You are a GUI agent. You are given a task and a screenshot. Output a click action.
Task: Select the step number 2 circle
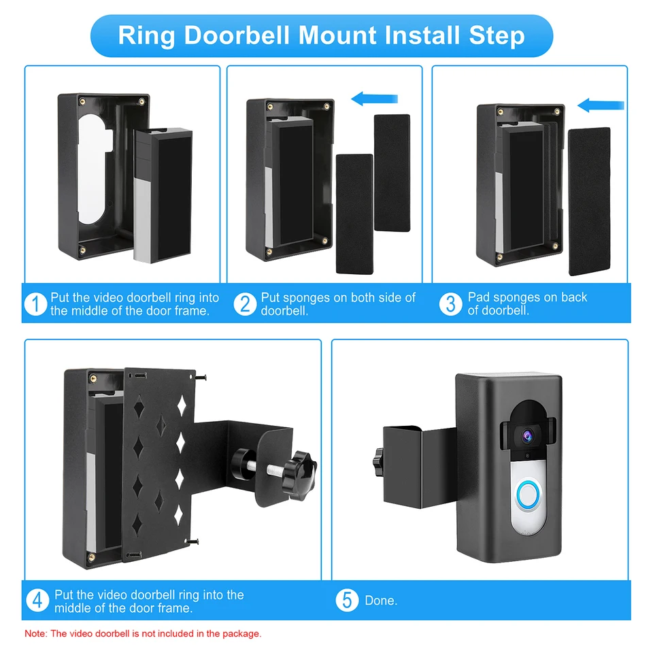(246, 304)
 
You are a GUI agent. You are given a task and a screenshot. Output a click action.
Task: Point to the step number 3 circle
(450, 304)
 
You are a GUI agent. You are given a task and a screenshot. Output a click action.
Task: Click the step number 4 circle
(38, 601)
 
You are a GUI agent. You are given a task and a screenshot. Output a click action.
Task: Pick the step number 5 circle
(347, 601)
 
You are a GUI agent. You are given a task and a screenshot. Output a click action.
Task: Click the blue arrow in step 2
(374, 99)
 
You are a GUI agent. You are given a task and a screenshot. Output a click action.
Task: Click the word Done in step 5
(381, 601)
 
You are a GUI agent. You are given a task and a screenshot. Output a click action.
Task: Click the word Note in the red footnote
(35, 633)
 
